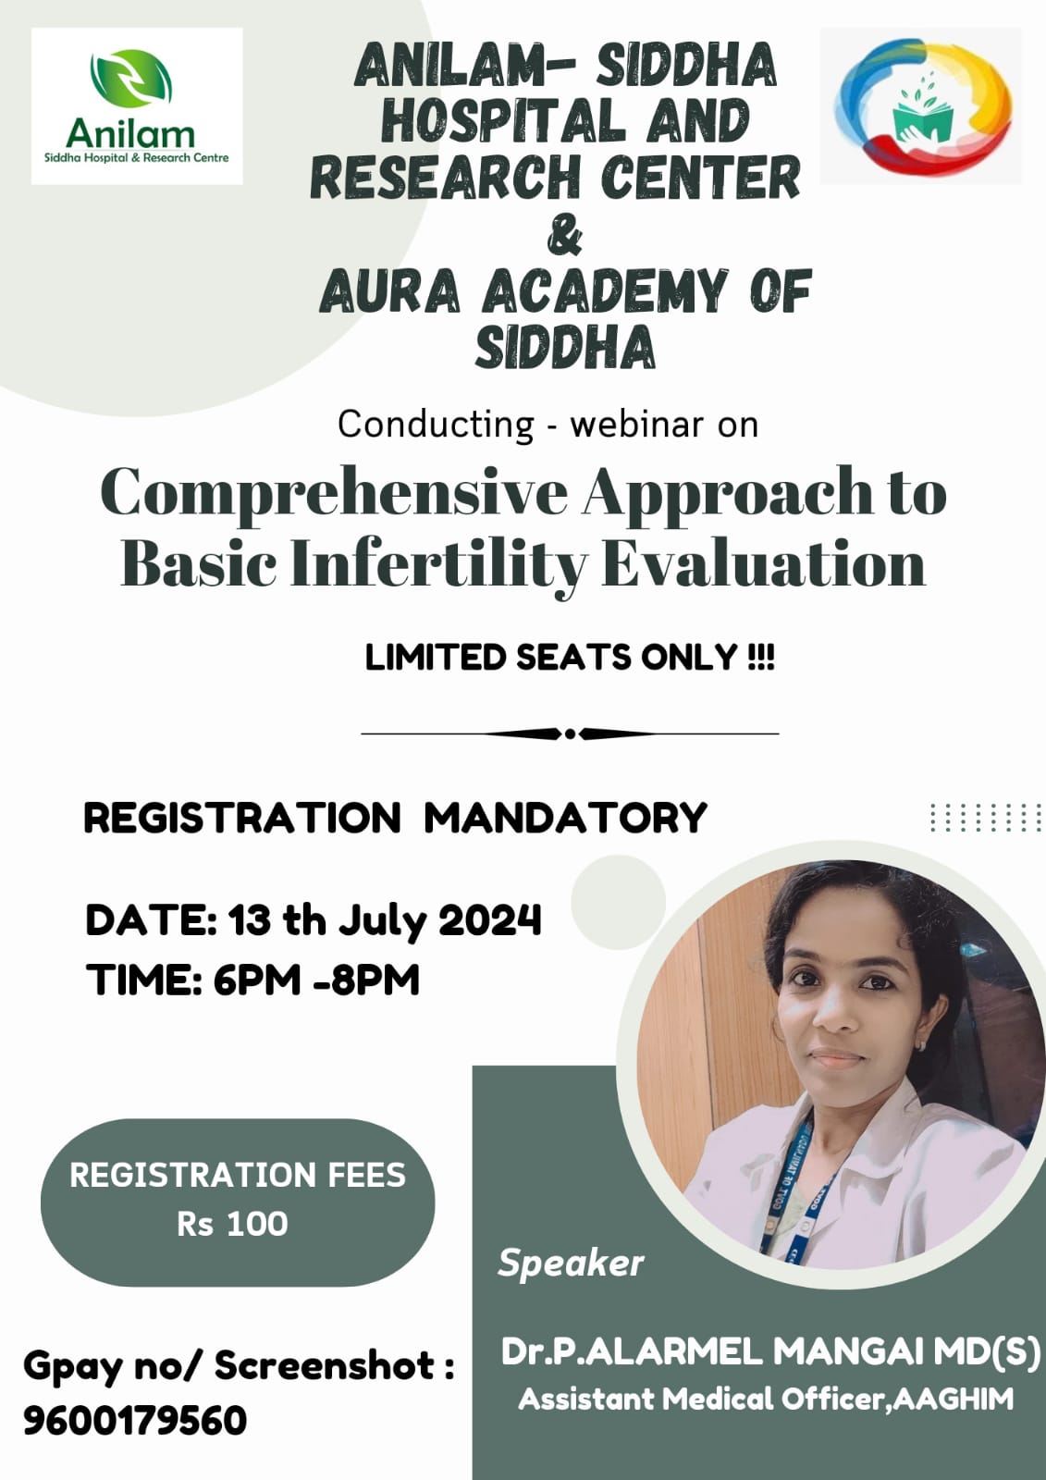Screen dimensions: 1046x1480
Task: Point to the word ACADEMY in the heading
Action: tap(605, 291)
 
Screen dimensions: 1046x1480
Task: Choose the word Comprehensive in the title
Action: tap(334, 492)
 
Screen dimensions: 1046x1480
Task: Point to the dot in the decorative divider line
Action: tap(571, 734)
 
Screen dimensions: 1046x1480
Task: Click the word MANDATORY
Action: tap(566, 818)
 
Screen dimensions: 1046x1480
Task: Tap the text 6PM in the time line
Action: tap(257, 980)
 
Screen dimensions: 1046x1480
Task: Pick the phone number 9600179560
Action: tap(135, 1421)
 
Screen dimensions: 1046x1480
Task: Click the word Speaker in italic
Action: tap(571, 1264)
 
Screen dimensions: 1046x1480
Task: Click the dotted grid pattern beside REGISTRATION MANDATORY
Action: tap(986, 818)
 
